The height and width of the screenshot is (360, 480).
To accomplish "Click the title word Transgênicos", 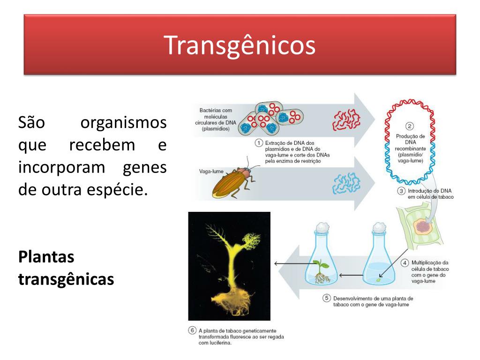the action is coord(240,45).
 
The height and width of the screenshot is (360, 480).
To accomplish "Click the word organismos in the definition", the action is coord(123,122).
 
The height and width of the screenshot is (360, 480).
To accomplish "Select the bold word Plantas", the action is coord(46,256).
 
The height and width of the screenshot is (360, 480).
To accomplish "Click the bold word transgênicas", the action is coord(66,279).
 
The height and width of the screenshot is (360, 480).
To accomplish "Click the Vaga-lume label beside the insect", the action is coord(211,172).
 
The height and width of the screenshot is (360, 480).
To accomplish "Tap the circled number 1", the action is coord(259,143).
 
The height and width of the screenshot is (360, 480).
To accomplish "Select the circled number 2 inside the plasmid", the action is coord(410,126).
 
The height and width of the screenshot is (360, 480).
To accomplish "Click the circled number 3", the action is coord(401,191).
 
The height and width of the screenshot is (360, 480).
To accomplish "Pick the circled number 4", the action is coord(405,262).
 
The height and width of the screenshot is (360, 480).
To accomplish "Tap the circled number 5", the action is coord(327,298).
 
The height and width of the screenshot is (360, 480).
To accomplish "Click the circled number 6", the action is coord(192,330).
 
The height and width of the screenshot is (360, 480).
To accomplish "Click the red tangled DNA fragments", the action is coord(346,120).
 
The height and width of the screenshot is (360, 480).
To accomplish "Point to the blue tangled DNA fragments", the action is coord(346,183).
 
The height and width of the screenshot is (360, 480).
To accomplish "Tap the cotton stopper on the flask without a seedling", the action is coord(379,227).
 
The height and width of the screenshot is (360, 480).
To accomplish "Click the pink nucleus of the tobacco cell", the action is coord(423,227).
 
